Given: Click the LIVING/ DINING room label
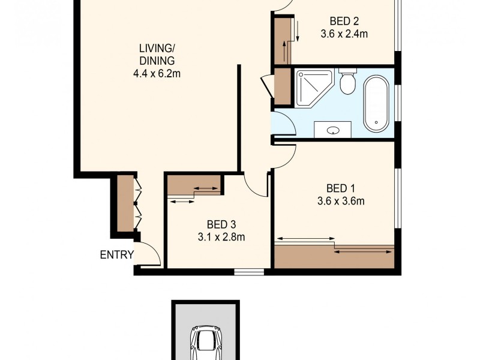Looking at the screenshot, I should [157, 54].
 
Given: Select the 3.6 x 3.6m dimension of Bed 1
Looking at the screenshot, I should [341, 201].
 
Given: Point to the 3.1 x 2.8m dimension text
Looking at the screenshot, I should [221, 237].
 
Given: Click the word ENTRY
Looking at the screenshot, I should [116, 255].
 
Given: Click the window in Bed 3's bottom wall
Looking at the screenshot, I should [248, 272].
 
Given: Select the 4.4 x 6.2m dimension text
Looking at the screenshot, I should [157, 74].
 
